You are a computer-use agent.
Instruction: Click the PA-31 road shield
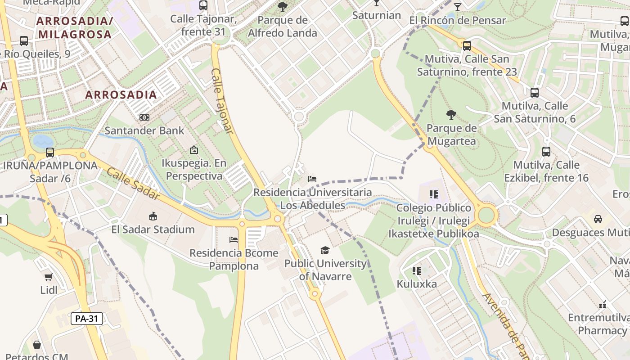tap(87, 319)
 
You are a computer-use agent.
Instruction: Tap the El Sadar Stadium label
tap(153, 229)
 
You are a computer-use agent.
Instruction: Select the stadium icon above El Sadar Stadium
tap(153, 216)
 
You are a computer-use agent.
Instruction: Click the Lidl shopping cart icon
tap(49, 277)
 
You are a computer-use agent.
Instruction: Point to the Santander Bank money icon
tap(144, 117)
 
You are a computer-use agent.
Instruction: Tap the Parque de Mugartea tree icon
tap(451, 115)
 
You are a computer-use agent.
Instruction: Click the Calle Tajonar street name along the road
tap(223, 101)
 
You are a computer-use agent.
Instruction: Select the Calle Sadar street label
tap(133, 184)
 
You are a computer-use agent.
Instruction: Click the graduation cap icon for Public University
tap(325, 250)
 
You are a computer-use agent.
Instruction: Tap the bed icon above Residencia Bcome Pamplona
tap(234, 239)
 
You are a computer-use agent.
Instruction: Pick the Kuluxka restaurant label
tap(417, 284)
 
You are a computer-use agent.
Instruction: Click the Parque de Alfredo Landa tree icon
tap(283, 6)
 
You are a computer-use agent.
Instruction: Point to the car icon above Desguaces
tap(598, 219)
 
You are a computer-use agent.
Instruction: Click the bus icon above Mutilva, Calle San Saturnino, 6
tap(535, 93)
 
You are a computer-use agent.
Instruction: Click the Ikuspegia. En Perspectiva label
tap(194, 169)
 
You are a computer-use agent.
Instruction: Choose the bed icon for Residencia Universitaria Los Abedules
tap(312, 179)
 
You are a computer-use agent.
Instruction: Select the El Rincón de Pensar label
tap(458, 20)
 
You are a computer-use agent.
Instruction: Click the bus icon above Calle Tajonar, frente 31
tap(203, 5)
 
